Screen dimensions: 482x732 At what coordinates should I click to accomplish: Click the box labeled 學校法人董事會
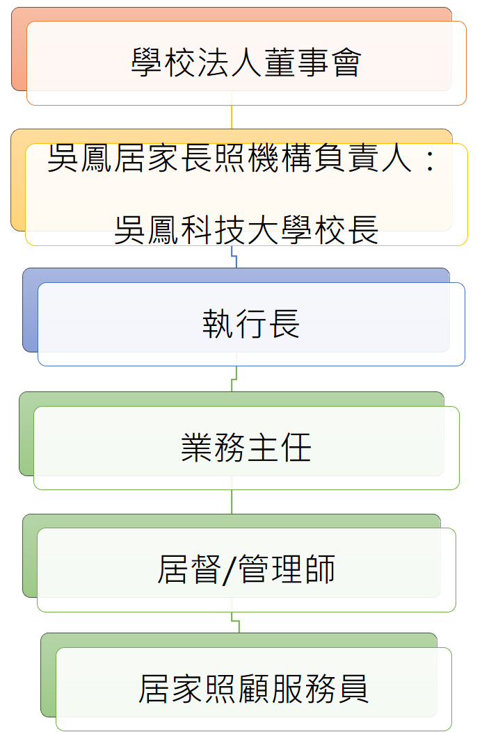click(x=246, y=63)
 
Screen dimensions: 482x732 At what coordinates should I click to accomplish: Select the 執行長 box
click(x=251, y=324)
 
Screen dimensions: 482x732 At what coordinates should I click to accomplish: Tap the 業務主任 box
click(x=246, y=448)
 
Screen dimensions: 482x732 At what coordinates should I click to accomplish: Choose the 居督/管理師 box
click(x=246, y=569)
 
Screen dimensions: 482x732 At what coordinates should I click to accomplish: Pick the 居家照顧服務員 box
click(x=254, y=689)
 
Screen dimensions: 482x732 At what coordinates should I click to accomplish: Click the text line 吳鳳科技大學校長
click(x=246, y=230)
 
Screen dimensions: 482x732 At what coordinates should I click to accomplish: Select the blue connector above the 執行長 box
click(x=234, y=257)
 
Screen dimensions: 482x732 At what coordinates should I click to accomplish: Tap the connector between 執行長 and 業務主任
click(x=234, y=379)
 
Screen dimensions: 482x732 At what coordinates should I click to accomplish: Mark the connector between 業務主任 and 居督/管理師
click(x=232, y=502)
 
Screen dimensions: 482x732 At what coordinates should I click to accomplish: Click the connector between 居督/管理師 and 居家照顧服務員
click(x=235, y=622)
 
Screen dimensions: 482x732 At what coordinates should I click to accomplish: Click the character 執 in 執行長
click(x=218, y=324)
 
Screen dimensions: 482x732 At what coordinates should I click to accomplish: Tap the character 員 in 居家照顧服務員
click(x=353, y=689)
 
